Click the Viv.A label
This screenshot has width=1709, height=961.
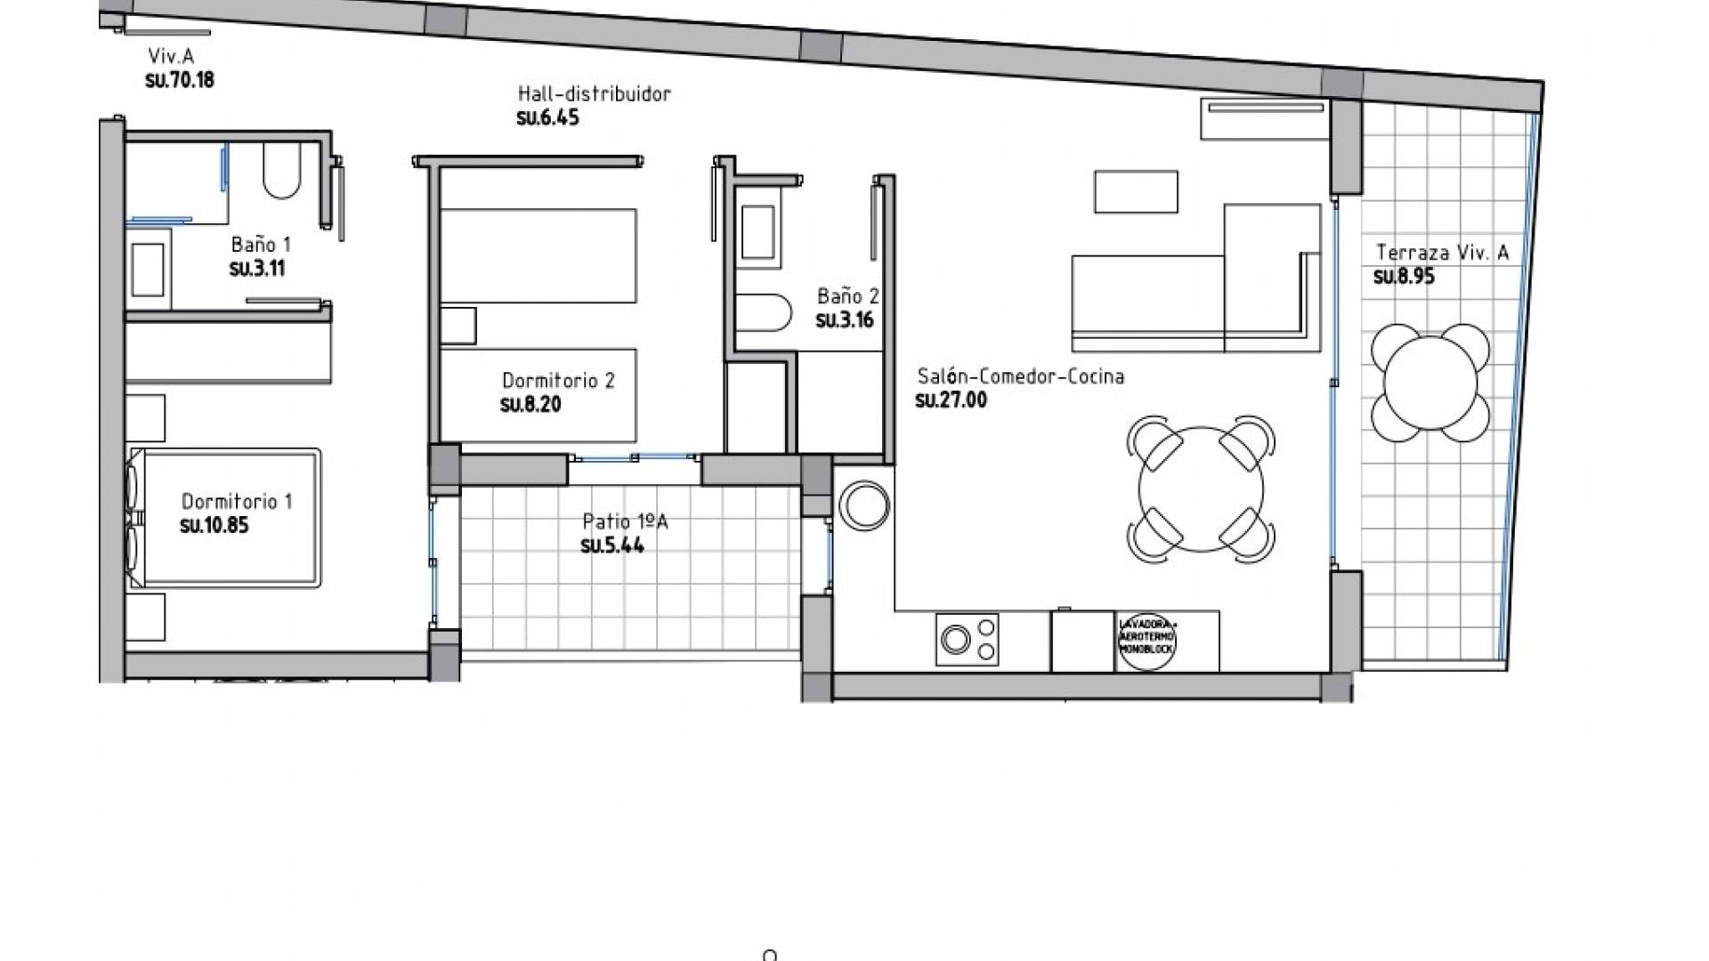pos(171,57)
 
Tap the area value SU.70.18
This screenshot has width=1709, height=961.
pos(180,80)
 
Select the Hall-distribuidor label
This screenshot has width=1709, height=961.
pos(594,93)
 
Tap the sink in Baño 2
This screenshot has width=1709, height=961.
pos(757,231)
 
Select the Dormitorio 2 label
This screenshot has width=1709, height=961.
pos(558,381)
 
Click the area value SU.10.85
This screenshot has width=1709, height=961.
pos(214,525)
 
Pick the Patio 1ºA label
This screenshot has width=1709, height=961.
pos(625,521)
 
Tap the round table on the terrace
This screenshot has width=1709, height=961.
pos(1430,382)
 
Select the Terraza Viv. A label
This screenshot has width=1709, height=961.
pos(1442,253)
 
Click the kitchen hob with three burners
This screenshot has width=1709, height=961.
pos(967,639)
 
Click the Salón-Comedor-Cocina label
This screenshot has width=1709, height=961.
pos(1020,376)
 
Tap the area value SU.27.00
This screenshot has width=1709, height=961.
pos(951,400)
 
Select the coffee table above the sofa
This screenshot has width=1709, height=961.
pos(1136,191)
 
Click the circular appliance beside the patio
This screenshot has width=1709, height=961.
pos(863,505)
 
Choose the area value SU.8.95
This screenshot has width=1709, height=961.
pos(1404,277)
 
